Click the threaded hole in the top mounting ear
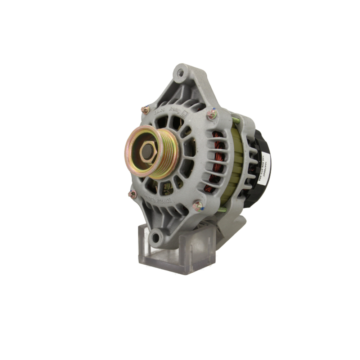(181, 73)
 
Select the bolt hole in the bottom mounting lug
(156, 238)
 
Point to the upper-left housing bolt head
(145, 110)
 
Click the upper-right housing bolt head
(212, 114)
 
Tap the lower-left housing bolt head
(133, 194)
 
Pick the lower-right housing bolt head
(197, 206)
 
